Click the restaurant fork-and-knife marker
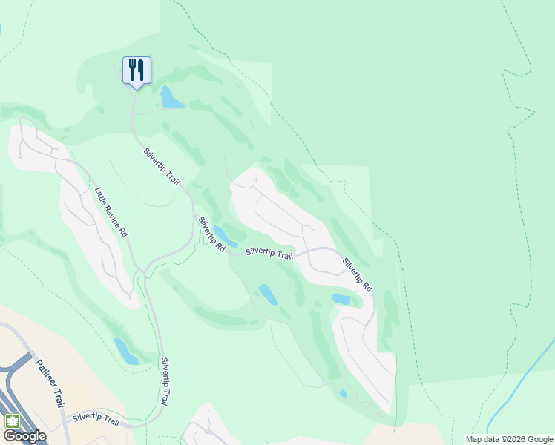(137, 70)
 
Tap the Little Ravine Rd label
(111, 212)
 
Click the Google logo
(24, 436)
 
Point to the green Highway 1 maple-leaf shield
(12, 421)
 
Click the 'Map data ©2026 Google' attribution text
(509, 439)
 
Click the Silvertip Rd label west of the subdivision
(211, 234)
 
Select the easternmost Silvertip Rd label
(358, 274)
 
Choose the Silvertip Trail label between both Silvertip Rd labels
(269, 254)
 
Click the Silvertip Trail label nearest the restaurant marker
(162, 167)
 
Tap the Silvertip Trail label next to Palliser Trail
(96, 420)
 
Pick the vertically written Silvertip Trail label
(168, 380)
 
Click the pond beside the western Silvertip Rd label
(226, 237)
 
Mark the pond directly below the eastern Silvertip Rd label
(341, 299)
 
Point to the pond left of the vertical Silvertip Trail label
(126, 351)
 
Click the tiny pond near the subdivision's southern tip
(343, 394)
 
